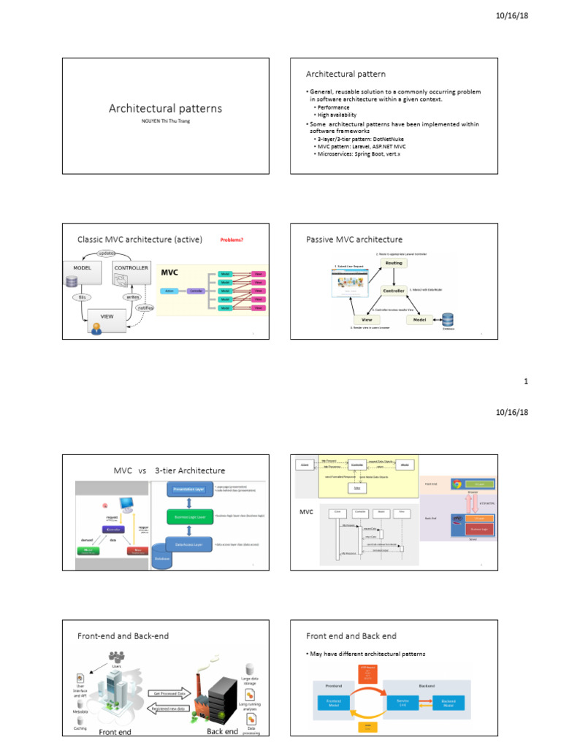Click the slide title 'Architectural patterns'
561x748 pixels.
pyautogui.click(x=165, y=108)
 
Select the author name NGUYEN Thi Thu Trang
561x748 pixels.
pyautogui.click(x=165, y=121)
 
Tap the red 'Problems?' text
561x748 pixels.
pyautogui.click(x=232, y=240)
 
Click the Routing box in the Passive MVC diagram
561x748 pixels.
pyautogui.click(x=394, y=262)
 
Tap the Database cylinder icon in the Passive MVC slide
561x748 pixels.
pyautogui.click(x=447, y=319)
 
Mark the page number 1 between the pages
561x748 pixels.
pyautogui.click(x=527, y=381)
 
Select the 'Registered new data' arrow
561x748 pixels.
pyautogui.click(x=168, y=708)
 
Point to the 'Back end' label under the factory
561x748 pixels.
pyautogui.click(x=222, y=730)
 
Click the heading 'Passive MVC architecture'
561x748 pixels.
pyautogui.click(x=354, y=240)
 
